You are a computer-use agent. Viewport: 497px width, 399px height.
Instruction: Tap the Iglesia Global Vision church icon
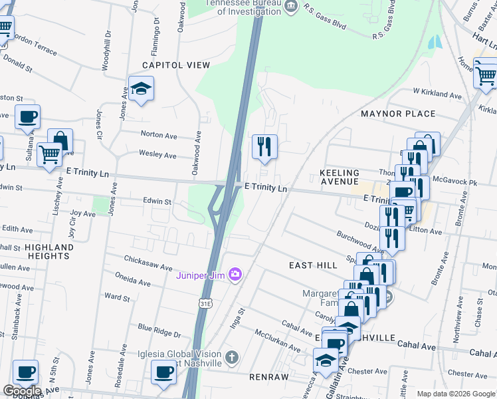tap(231, 357)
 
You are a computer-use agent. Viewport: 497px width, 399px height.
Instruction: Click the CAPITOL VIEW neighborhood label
tap(175, 65)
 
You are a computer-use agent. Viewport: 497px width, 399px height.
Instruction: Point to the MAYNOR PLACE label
tap(398, 114)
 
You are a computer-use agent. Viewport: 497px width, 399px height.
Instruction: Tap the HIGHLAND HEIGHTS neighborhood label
tap(49, 251)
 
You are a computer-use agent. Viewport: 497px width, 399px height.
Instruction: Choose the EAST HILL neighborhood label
tap(313, 265)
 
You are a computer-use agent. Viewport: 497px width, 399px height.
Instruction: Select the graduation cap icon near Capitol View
tap(141, 88)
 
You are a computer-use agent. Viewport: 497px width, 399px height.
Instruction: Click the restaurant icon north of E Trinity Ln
tap(264, 146)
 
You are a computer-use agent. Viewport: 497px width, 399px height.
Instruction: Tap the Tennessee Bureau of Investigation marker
tap(291, 7)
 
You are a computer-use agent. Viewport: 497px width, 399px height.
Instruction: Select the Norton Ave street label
tap(158, 135)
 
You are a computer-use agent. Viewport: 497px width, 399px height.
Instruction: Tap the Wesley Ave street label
tap(157, 156)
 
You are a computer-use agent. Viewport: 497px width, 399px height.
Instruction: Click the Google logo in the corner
tap(22, 391)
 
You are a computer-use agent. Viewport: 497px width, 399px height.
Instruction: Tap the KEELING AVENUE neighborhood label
tap(339, 177)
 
